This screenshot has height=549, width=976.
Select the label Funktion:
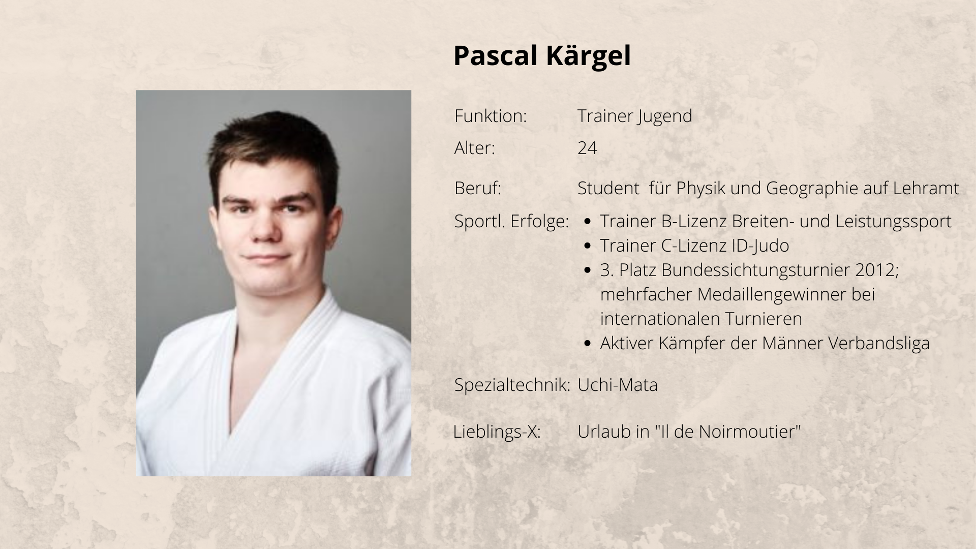491,116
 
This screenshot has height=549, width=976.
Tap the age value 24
587,148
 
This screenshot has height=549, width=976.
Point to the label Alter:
474,148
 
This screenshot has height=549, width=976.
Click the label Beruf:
478,188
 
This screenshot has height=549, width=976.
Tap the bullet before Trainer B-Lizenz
588,222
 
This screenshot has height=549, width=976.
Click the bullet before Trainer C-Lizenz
588,246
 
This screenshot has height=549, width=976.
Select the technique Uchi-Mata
618,385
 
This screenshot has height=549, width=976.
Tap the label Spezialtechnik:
512,385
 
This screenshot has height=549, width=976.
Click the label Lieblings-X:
497,432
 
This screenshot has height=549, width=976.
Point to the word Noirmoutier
750,432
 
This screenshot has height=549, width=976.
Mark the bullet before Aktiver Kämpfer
588,344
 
